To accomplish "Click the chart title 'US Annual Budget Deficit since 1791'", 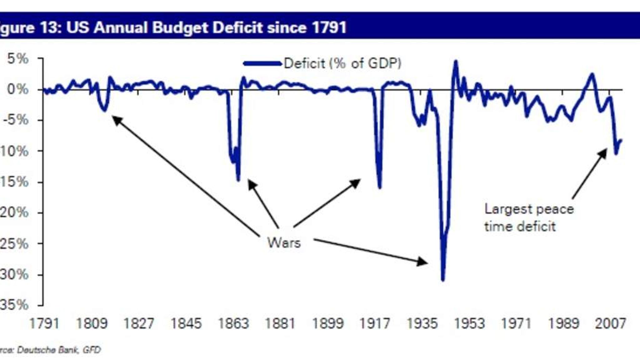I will coord(206,27).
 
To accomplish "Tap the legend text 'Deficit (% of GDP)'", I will coord(342,63).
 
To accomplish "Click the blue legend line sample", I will coord(262,64).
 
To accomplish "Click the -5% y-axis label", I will coord(16,120).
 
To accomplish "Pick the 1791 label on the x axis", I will coord(44,323).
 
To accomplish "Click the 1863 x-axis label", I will coord(233,323).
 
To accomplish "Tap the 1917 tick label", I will coord(375,323).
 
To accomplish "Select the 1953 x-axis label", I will coord(469,323).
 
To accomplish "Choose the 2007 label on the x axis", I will coord(610,323).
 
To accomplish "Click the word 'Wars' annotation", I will coord(284,243).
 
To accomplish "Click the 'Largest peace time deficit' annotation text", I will coord(529,217).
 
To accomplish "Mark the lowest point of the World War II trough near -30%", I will coord(442,280).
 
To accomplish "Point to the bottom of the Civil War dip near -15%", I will coord(238,180).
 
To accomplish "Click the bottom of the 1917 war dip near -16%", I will coord(380,187).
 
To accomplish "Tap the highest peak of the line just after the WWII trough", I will coord(456,62).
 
